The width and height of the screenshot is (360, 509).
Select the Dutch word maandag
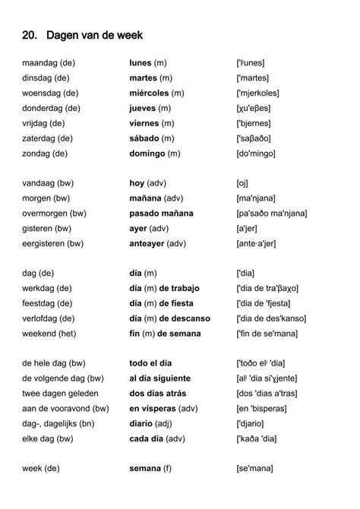pos(39,62)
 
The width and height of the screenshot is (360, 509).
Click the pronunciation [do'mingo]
pos(261,153)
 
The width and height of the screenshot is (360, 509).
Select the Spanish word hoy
pos(137,183)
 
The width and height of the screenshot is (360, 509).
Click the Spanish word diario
pos(143,424)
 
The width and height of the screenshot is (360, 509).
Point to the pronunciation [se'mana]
pos(259,469)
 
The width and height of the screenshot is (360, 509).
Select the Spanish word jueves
pos(144,108)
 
